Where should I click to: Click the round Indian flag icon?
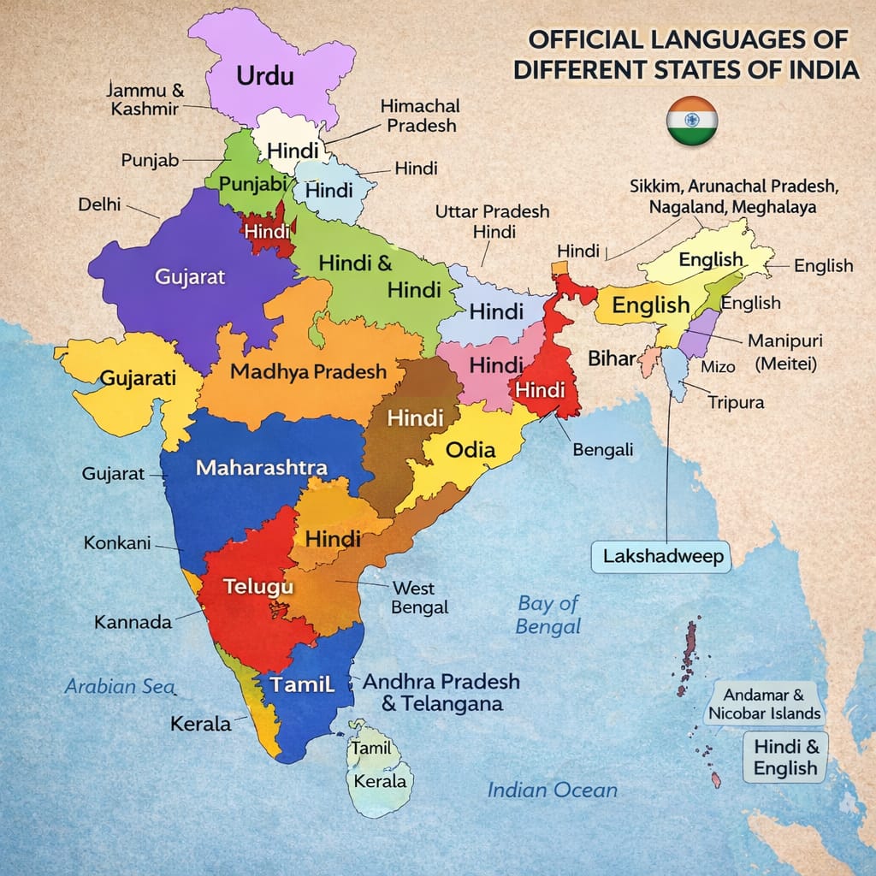click(x=691, y=121)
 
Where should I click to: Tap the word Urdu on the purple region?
click(x=264, y=75)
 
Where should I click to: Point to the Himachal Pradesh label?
click(x=419, y=115)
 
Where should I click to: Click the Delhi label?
click(x=99, y=205)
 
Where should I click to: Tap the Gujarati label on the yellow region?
click(x=139, y=377)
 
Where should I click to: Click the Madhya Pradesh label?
click(x=308, y=372)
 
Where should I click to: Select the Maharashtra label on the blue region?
click(x=261, y=468)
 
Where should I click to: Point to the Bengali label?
click(x=602, y=449)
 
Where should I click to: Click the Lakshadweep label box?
click(x=663, y=556)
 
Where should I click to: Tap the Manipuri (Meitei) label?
click(x=785, y=352)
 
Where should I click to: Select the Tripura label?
click(x=736, y=402)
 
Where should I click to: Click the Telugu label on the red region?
click(x=258, y=586)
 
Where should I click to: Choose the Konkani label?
click(x=117, y=542)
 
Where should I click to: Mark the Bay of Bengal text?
click(x=547, y=614)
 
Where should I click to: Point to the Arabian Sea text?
click(x=120, y=686)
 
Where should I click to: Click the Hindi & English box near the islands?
click(x=785, y=757)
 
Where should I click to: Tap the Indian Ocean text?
click(x=552, y=790)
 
